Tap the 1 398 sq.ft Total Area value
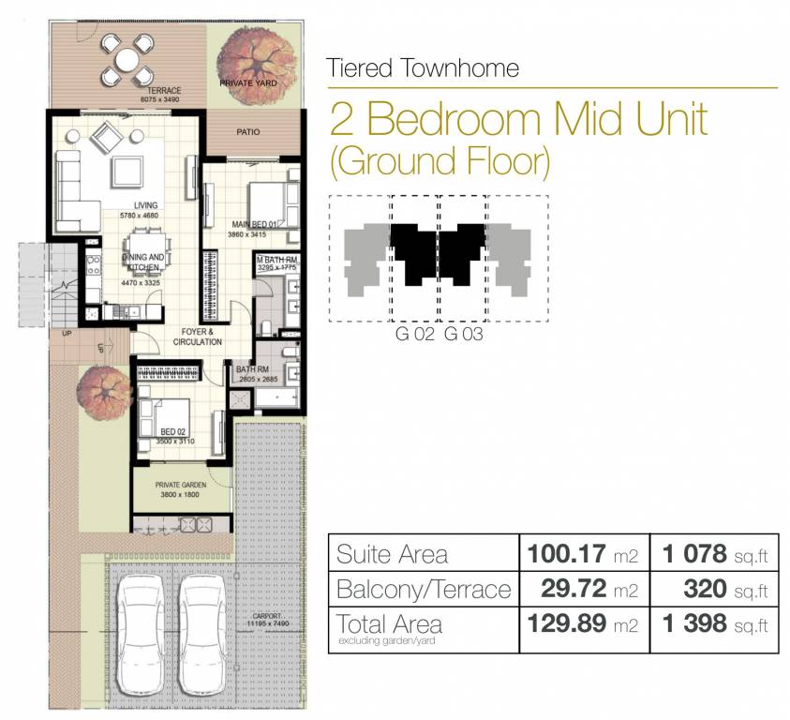[x=714, y=625]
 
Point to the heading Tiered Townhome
[x=423, y=67]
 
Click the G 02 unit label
[x=414, y=334]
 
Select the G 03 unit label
[x=463, y=334]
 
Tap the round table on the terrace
[x=127, y=60]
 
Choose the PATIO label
[x=248, y=132]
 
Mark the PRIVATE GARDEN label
[x=181, y=485]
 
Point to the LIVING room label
[x=144, y=206]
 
